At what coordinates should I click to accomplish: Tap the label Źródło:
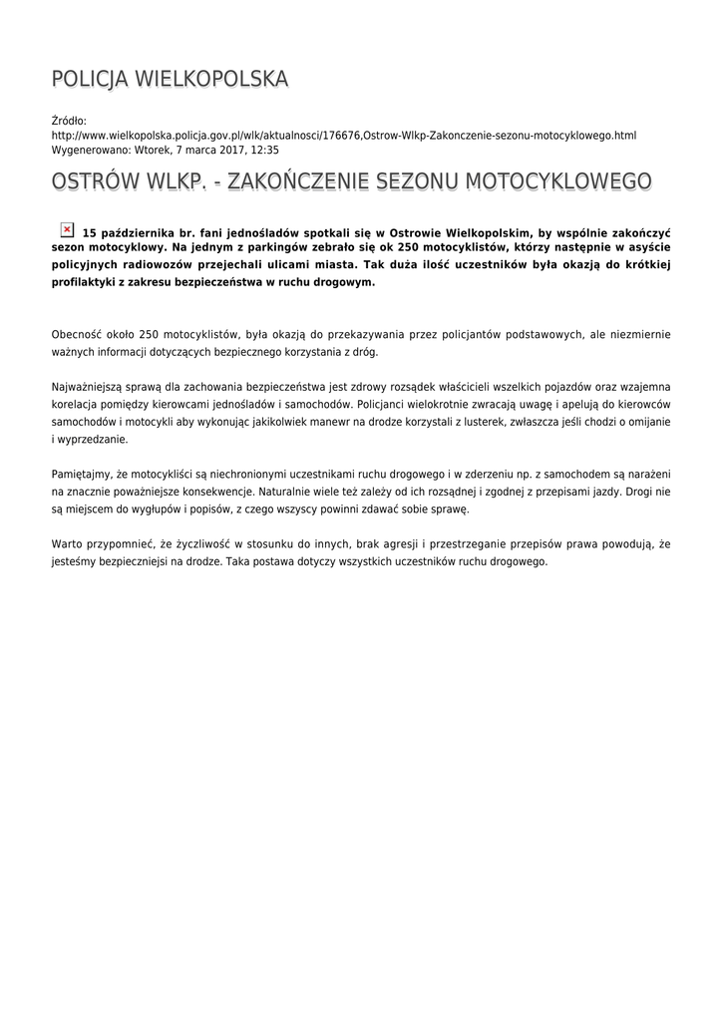click(69, 121)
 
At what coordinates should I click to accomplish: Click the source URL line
click(343, 135)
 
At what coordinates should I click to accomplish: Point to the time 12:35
click(264, 150)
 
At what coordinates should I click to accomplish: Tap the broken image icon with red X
click(67, 229)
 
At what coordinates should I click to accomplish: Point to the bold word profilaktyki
click(88, 282)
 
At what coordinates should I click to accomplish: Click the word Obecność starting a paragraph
click(79, 334)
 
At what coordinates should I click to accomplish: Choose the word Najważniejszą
click(93, 386)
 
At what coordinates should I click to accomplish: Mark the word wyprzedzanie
click(93, 439)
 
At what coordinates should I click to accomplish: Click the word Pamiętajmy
click(86, 474)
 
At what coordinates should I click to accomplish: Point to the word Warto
click(67, 543)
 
